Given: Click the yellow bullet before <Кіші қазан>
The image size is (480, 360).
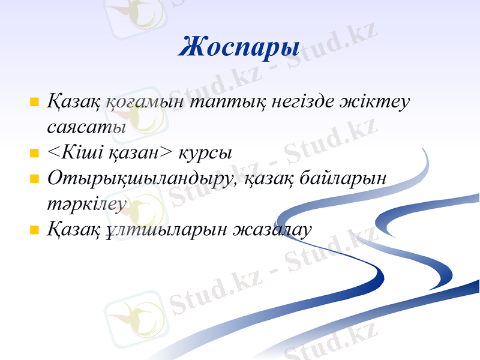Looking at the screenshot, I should tap(34, 153).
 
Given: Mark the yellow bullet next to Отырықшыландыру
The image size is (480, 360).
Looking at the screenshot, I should tap(34, 179).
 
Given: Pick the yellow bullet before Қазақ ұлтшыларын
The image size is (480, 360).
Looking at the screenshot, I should tap(34, 230).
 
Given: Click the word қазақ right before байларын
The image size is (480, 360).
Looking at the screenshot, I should tap(271, 179).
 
